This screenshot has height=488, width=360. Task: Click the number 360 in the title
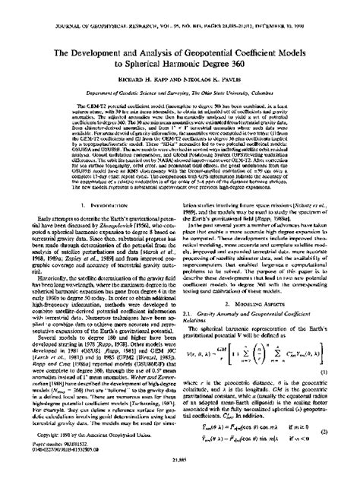pyautogui.click(x=262, y=46)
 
